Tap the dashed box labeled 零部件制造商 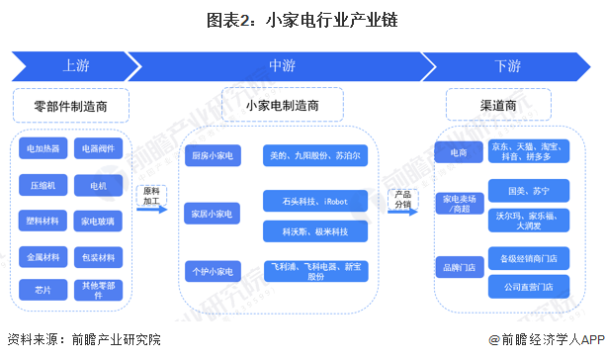71,106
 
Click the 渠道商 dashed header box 498,105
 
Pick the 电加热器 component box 43,148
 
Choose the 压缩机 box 43,185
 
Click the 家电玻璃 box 98,222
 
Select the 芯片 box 43,290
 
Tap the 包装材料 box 98,257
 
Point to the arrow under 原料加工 152,210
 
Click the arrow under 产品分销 402,212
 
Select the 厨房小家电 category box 213,155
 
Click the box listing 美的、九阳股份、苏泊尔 315,155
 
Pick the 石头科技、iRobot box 315,201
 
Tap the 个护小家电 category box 213,272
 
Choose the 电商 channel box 459,152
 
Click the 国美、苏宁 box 529,191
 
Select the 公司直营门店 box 529,287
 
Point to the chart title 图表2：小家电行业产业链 302,20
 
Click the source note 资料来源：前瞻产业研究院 84,339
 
